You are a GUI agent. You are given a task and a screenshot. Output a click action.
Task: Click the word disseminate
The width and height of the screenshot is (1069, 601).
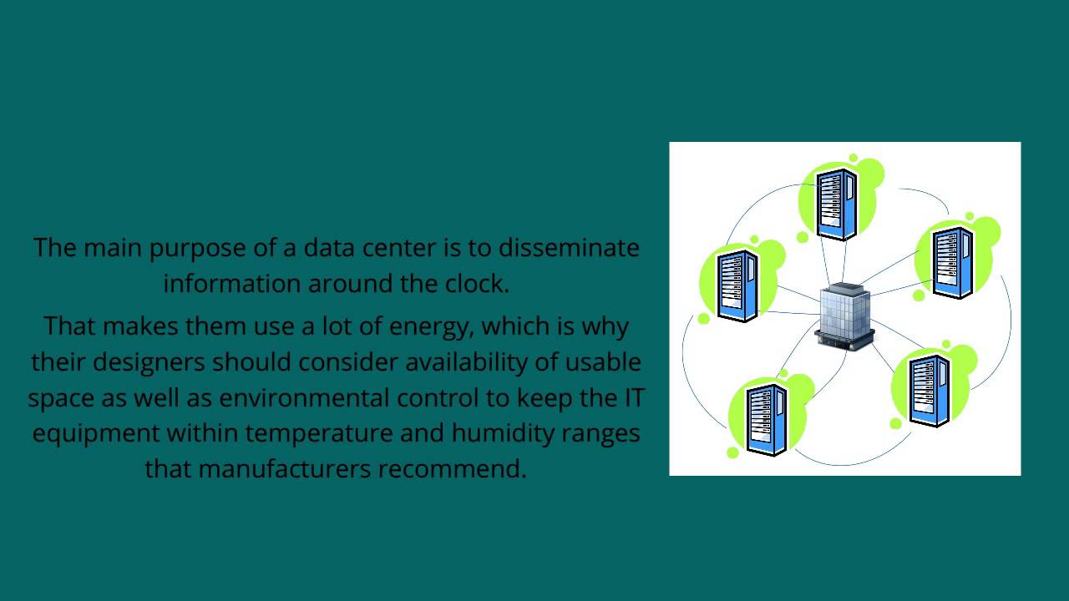pos(570,248)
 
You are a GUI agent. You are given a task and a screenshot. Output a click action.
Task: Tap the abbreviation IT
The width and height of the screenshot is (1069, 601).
pos(634,398)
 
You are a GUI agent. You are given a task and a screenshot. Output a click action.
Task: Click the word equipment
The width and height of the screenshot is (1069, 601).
pos(94,434)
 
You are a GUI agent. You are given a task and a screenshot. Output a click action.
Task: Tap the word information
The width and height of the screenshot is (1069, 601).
pos(232,284)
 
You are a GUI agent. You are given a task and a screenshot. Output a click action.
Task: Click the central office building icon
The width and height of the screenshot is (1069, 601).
pos(844,317)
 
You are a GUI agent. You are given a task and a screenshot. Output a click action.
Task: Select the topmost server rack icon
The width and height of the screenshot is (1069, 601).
pos(837,203)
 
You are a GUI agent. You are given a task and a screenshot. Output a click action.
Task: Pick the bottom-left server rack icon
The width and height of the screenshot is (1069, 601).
pos(767,419)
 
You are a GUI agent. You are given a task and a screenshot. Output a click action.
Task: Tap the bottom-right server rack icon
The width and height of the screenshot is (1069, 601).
pos(930,390)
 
